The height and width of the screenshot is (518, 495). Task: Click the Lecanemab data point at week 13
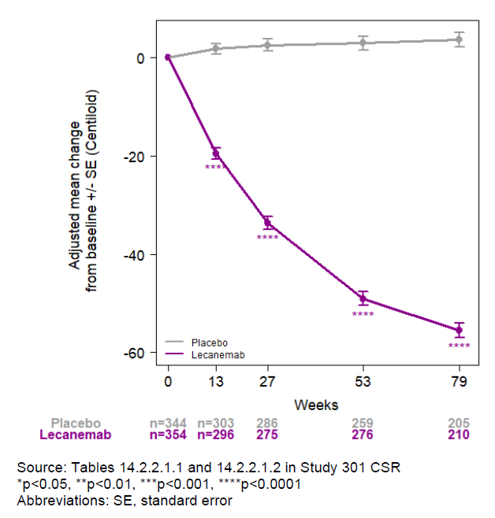coord(216,154)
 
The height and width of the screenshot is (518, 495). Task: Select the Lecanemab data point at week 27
coord(268,223)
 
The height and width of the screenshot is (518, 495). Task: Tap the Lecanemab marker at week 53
coord(363,298)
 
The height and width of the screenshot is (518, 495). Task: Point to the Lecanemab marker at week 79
coord(460,330)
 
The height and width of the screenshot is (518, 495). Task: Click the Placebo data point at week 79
coord(460,39)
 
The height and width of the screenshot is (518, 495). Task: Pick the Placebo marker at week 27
coord(268,45)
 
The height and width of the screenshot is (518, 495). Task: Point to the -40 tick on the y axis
coord(135,255)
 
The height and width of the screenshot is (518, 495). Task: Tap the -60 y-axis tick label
coord(135,353)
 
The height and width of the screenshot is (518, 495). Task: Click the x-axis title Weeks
coord(316,405)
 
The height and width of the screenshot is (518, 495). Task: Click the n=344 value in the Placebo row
coord(168,423)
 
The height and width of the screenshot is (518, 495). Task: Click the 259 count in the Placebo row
coord(363,423)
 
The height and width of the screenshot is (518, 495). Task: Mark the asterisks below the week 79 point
coord(460,346)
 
